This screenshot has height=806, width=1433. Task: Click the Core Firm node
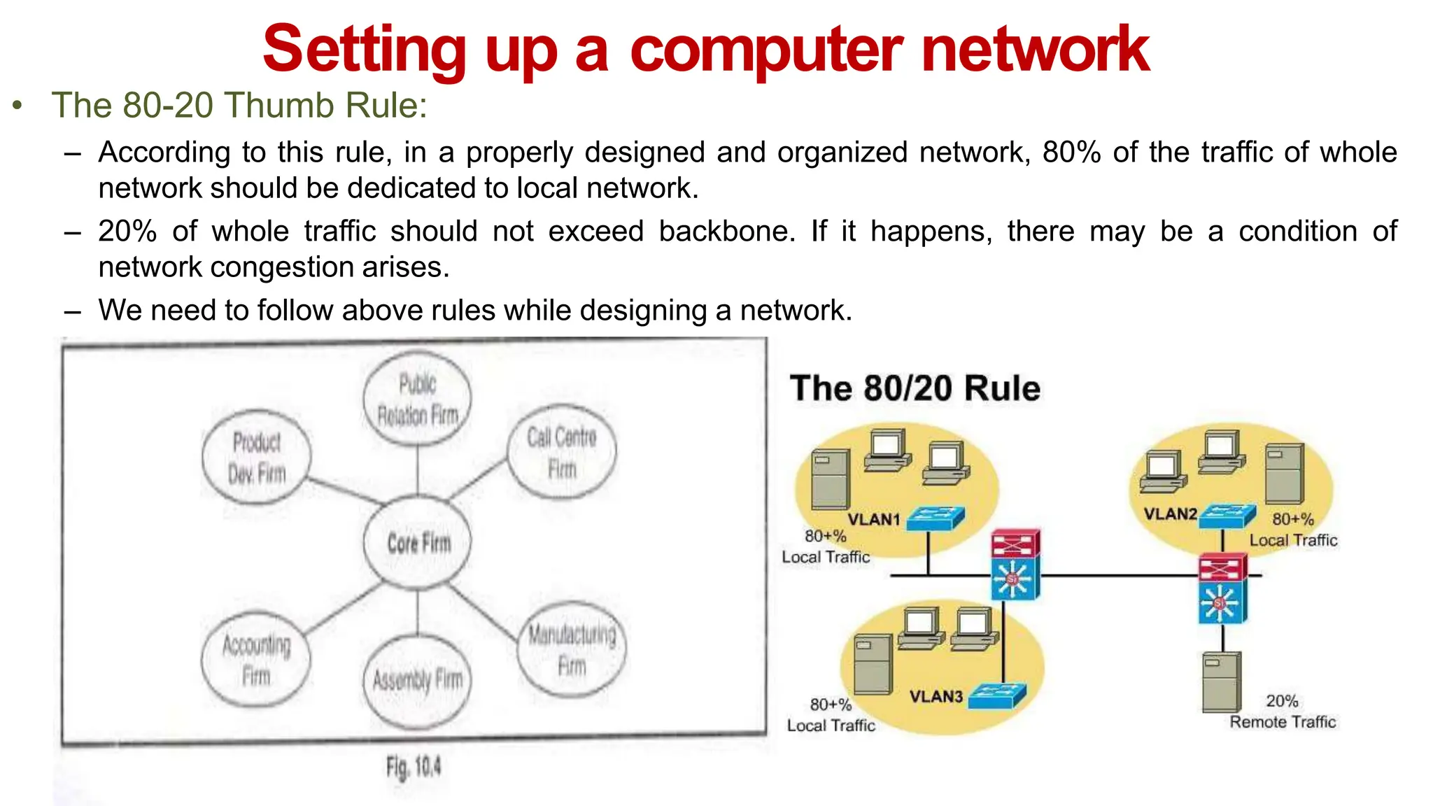(418, 542)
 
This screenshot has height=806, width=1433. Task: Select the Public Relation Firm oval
(418, 400)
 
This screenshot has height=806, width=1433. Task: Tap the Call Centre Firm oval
(562, 453)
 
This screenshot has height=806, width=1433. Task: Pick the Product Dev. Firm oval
(257, 458)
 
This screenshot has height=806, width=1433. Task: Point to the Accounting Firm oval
(256, 660)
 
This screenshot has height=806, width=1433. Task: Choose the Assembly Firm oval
(418, 680)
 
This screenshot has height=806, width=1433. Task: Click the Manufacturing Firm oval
(572, 650)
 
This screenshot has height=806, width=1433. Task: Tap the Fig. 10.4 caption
(414, 768)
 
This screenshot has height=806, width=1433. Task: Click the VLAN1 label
(874, 519)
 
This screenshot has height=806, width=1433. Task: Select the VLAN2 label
(1170, 514)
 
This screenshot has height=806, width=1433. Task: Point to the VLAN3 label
(936, 696)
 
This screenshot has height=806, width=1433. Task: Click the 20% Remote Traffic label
(1283, 712)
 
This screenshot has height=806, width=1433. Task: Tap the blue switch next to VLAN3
(998, 695)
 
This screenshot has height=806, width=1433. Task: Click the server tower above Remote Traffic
(1221, 682)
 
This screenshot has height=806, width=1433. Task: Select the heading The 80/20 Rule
(915, 388)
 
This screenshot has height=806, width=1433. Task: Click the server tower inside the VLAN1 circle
(830, 480)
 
